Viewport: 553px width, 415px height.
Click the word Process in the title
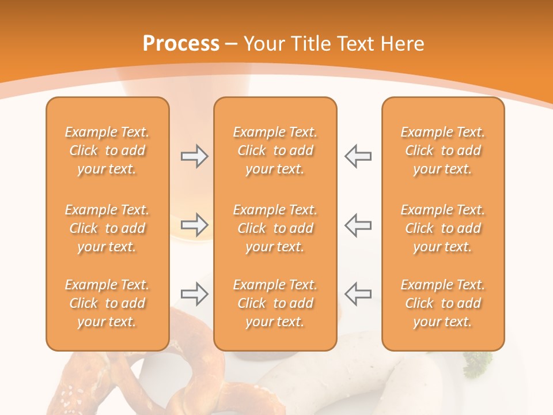pyautogui.click(x=181, y=44)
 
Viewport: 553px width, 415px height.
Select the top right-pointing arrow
pyautogui.click(x=194, y=156)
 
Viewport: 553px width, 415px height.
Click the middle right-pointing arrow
pyautogui.click(x=194, y=225)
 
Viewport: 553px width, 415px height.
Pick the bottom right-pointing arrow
pyautogui.click(x=194, y=294)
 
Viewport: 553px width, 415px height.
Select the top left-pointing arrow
pyautogui.click(x=358, y=156)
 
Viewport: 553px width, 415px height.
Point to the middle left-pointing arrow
pyautogui.click(x=358, y=225)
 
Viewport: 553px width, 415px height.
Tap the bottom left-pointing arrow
pyautogui.click(x=358, y=294)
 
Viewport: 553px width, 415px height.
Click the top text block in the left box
pyautogui.click(x=107, y=150)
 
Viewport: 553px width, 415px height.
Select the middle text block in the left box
pyautogui.click(x=107, y=228)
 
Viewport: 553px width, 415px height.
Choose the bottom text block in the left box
pyautogui.click(x=107, y=303)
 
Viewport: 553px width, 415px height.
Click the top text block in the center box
pyautogui.click(x=275, y=150)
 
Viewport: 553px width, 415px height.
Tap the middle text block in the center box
pyautogui.click(x=275, y=228)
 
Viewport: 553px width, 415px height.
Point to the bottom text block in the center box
pyautogui.click(x=275, y=303)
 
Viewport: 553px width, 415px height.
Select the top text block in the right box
pyautogui.click(x=442, y=150)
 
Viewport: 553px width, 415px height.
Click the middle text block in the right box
pyautogui.click(x=442, y=228)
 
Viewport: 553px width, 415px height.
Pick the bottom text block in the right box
pyautogui.click(x=442, y=303)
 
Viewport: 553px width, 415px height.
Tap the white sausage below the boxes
pyautogui.click(x=323, y=378)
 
